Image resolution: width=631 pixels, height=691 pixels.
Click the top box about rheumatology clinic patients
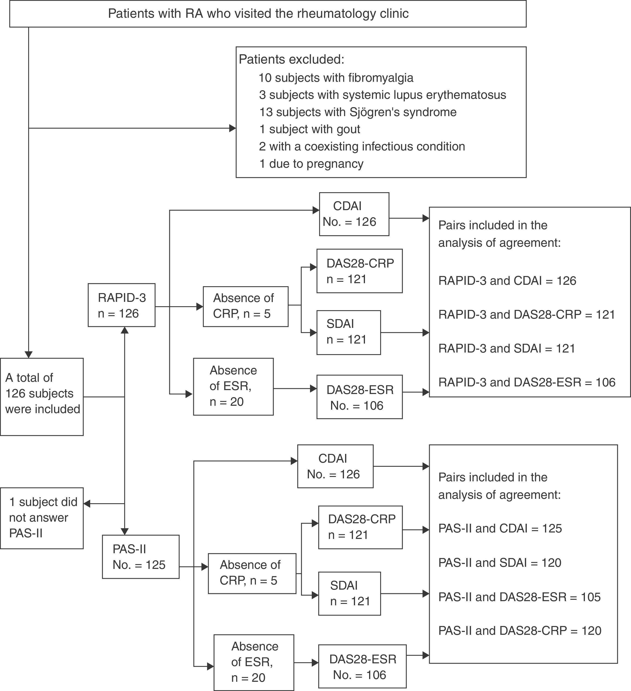267,14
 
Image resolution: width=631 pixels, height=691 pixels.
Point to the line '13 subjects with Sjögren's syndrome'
358,112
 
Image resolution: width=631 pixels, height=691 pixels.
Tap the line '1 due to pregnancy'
311,164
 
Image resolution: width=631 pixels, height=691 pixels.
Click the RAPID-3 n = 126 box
121,305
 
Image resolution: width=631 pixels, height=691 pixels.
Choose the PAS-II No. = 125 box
141,557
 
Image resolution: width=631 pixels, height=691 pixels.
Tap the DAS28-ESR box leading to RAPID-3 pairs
359,397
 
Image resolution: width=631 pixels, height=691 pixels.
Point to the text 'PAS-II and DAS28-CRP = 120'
520,631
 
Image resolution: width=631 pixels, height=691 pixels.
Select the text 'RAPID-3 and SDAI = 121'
507,348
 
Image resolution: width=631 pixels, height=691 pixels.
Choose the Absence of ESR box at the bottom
254,662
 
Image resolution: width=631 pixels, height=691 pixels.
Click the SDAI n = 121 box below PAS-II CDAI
350,593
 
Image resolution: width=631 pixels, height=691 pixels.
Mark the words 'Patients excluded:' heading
291,60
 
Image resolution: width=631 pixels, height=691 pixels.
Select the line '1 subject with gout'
309,129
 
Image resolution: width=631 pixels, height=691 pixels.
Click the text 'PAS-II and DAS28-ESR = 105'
519,597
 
